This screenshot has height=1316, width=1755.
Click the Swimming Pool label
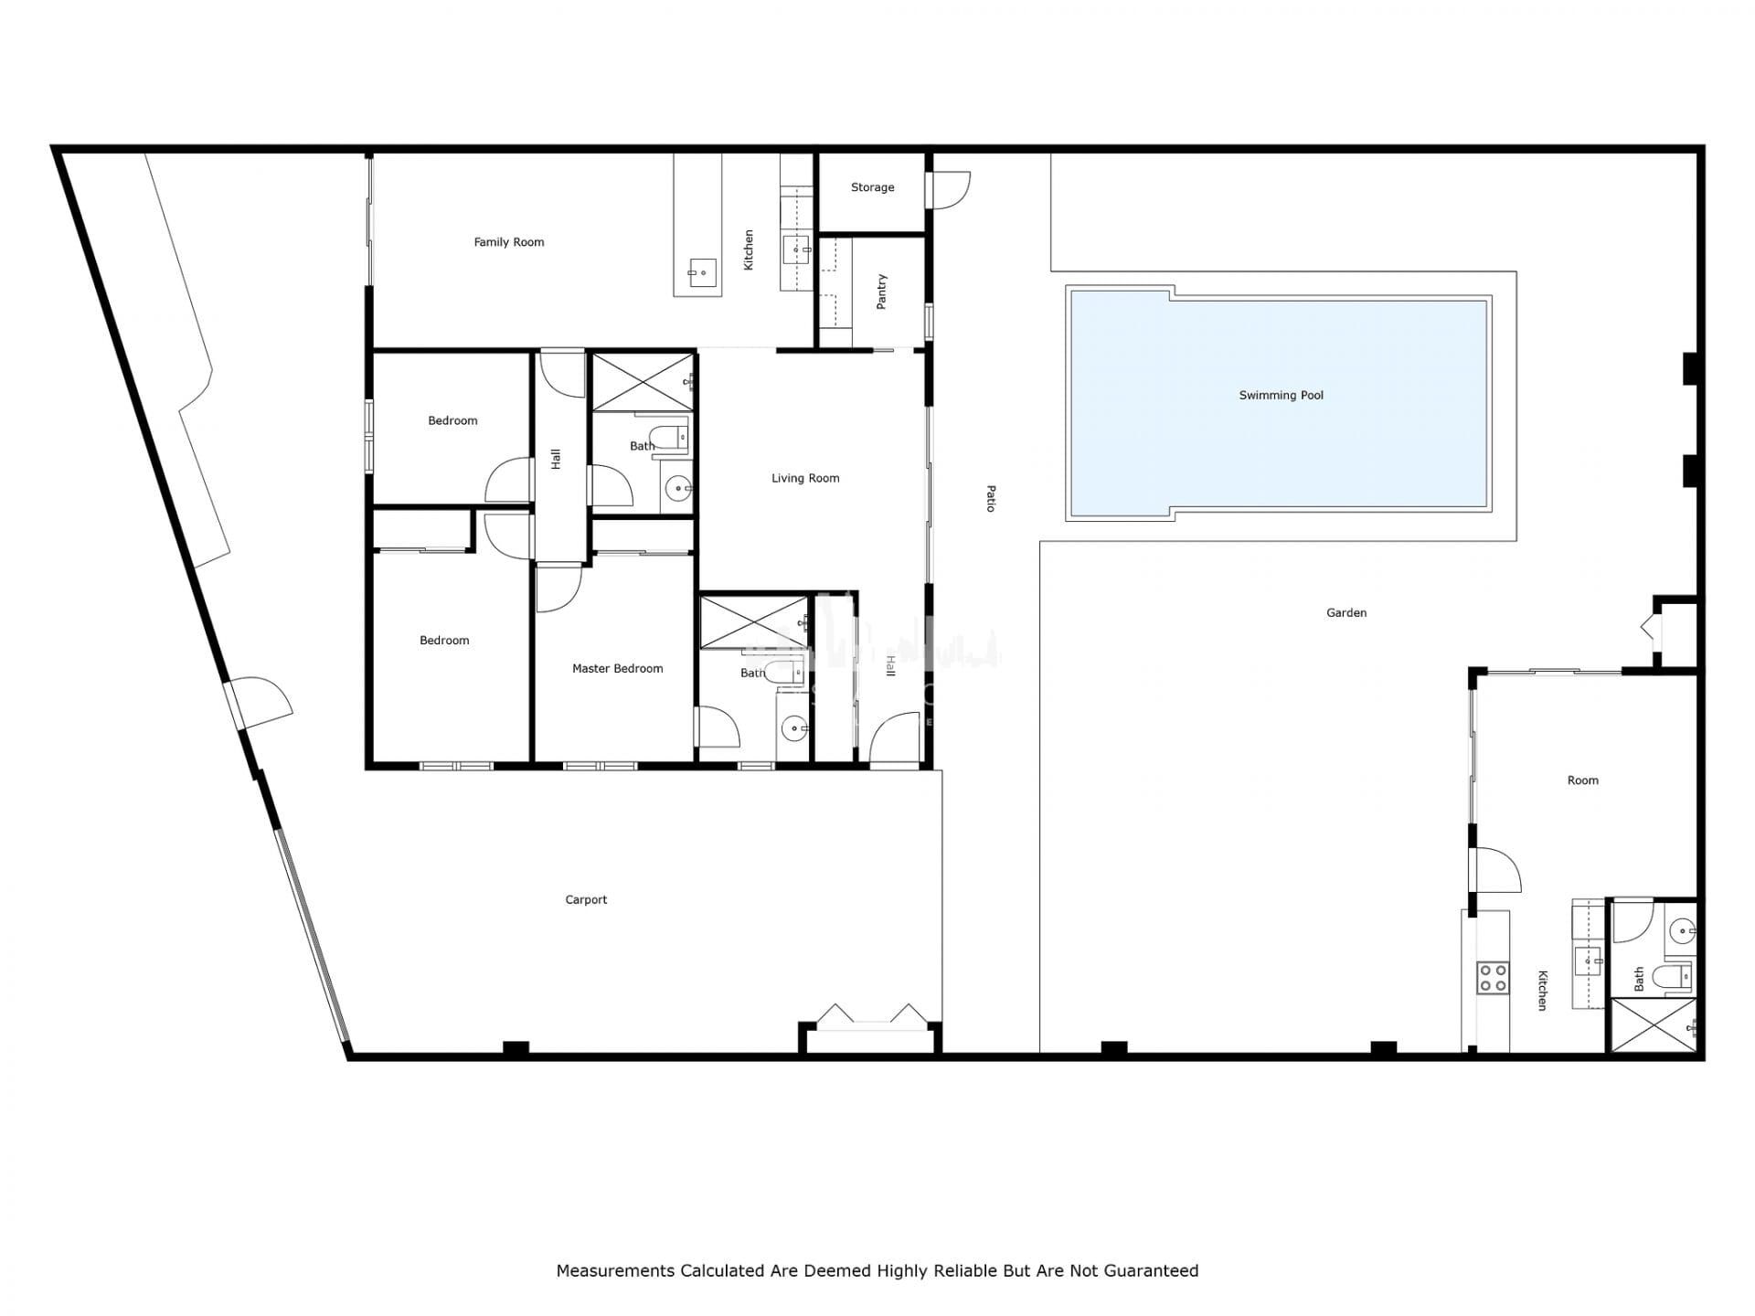pyautogui.click(x=1281, y=396)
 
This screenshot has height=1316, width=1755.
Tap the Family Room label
pyautogui.click(x=509, y=242)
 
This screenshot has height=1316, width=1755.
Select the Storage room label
pyautogui.click(x=872, y=187)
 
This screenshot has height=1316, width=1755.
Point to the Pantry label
pyautogui.click(x=882, y=292)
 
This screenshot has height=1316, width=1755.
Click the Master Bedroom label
pyautogui.click(x=618, y=669)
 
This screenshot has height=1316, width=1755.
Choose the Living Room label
pyautogui.click(x=805, y=478)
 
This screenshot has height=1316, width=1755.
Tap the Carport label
pyautogui.click(x=586, y=900)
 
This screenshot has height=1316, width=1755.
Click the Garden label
pyautogui.click(x=1346, y=613)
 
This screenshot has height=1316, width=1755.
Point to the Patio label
pyautogui.click(x=991, y=499)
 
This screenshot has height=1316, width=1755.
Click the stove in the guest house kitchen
pyautogui.click(x=1493, y=977)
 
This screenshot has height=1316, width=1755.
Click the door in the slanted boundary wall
pyautogui.click(x=259, y=704)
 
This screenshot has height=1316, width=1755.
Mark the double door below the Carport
pyautogui.click(x=871, y=1016)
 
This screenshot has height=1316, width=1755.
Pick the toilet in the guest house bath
pyautogui.click(x=1675, y=976)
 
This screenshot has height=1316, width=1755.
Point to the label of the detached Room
pyautogui.click(x=1583, y=780)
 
